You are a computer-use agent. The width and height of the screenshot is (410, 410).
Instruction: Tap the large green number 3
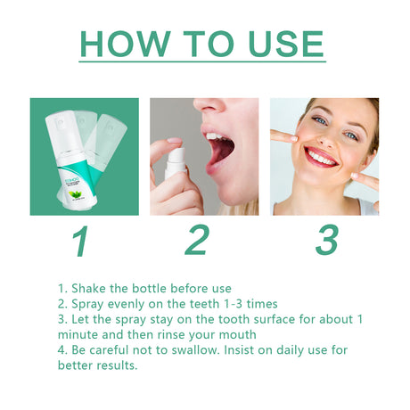327,240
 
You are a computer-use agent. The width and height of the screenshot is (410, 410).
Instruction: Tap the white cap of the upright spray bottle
57,120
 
